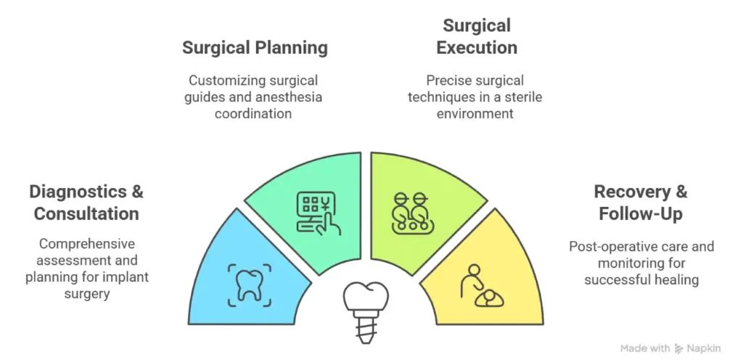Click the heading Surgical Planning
tap(255, 49)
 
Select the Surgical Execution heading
tap(477, 36)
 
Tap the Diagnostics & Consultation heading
tap(86, 202)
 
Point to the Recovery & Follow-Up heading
tap(641, 202)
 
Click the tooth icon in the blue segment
tap(250, 286)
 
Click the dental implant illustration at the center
tap(366, 311)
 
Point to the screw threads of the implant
tap(366, 329)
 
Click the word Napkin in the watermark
tap(704, 348)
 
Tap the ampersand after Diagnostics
tap(136, 192)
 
